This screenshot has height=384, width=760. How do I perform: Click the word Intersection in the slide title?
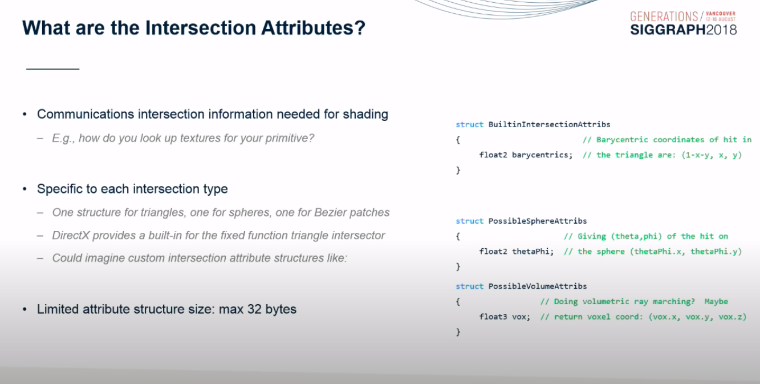200,28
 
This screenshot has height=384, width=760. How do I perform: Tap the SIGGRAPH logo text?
668,30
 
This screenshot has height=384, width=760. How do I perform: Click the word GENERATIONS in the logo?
664,17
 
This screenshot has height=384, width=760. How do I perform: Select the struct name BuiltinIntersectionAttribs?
549,124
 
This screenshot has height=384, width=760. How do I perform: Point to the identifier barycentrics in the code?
542,155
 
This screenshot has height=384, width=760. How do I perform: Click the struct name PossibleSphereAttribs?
538,221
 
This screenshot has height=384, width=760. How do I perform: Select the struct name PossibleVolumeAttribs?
538,286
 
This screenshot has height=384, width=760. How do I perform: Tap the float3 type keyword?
493,317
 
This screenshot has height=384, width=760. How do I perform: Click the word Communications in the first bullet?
86,115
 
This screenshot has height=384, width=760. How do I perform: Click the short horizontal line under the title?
53,69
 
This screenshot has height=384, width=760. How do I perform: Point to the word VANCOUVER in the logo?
721,14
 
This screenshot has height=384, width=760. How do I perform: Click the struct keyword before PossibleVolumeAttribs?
470,286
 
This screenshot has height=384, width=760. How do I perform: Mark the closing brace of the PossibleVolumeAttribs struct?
458,332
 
